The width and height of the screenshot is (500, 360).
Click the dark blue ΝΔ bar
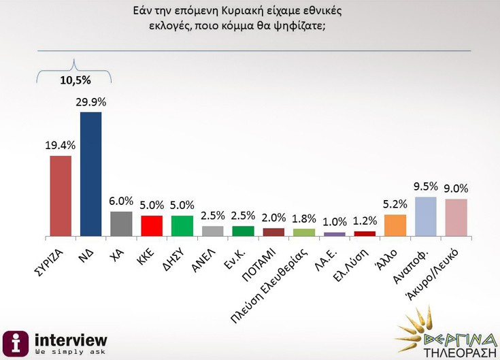(90, 174)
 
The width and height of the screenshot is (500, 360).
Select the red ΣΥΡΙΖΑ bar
(61, 195)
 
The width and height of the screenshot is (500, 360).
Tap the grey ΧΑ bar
(121, 223)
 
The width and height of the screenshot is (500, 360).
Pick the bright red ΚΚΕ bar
(152, 225)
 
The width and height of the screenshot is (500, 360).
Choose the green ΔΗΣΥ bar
(182, 225)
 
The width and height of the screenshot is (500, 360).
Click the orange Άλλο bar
(395, 225)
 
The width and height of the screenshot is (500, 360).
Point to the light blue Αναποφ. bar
(425, 216)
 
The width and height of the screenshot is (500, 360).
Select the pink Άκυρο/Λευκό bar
(456, 217)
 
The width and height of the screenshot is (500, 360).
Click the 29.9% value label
(93, 102)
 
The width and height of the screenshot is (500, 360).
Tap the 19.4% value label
(61, 145)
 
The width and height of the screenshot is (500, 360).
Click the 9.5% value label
(426, 186)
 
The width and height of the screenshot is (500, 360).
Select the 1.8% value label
(304, 218)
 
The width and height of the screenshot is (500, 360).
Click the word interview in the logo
(70, 339)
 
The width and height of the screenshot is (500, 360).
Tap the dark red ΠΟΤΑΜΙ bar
(273, 231)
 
